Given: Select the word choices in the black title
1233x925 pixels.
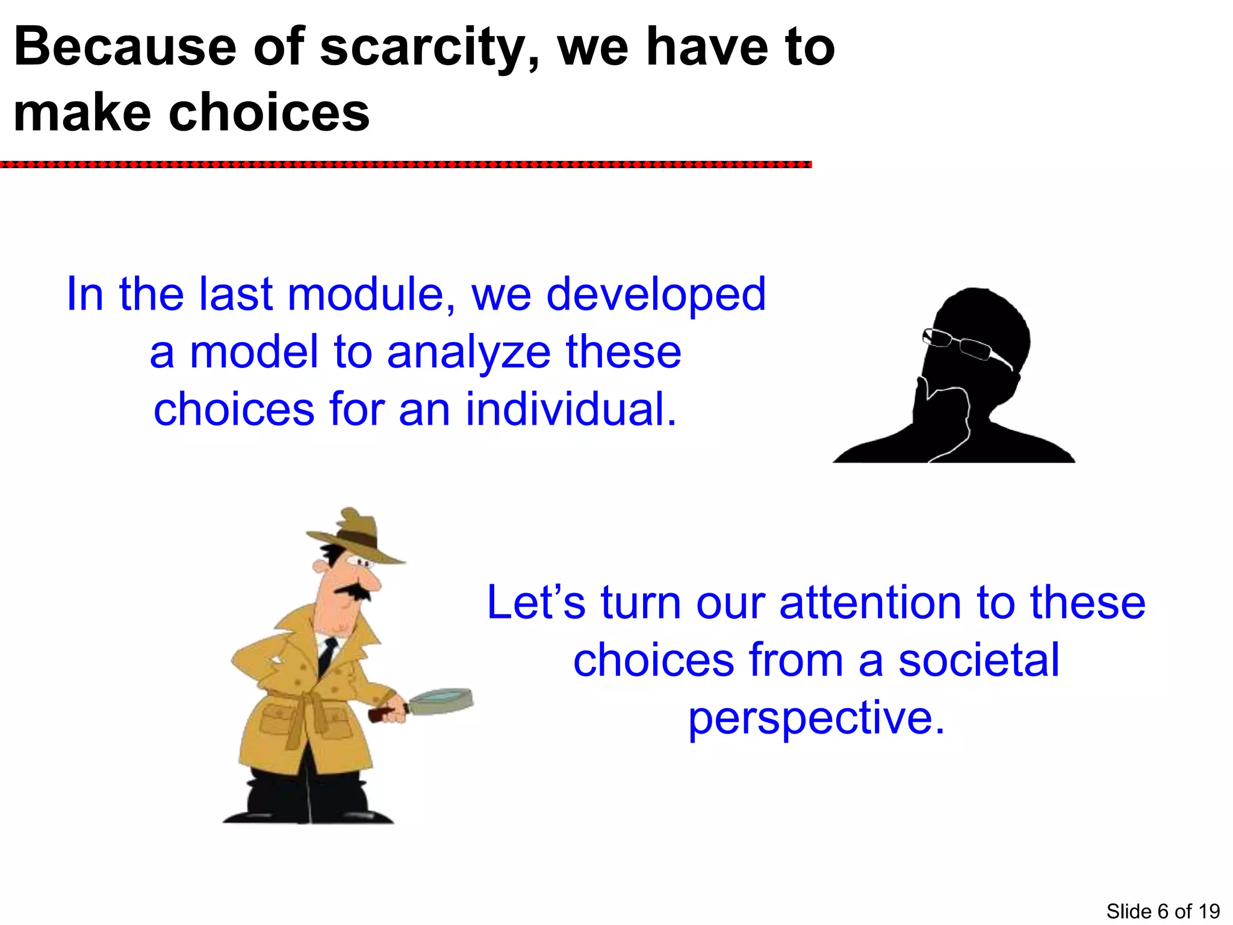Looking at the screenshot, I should click(x=269, y=113).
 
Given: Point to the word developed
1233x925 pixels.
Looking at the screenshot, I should click(x=656, y=295).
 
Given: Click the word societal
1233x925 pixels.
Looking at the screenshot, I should click(x=978, y=660).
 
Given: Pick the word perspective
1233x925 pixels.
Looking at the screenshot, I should click(x=816, y=719).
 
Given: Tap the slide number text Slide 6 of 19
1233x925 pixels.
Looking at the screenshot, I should click(x=1163, y=911).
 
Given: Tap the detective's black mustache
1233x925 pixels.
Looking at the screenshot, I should click(x=355, y=591).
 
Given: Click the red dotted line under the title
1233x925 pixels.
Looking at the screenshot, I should click(x=406, y=164).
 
